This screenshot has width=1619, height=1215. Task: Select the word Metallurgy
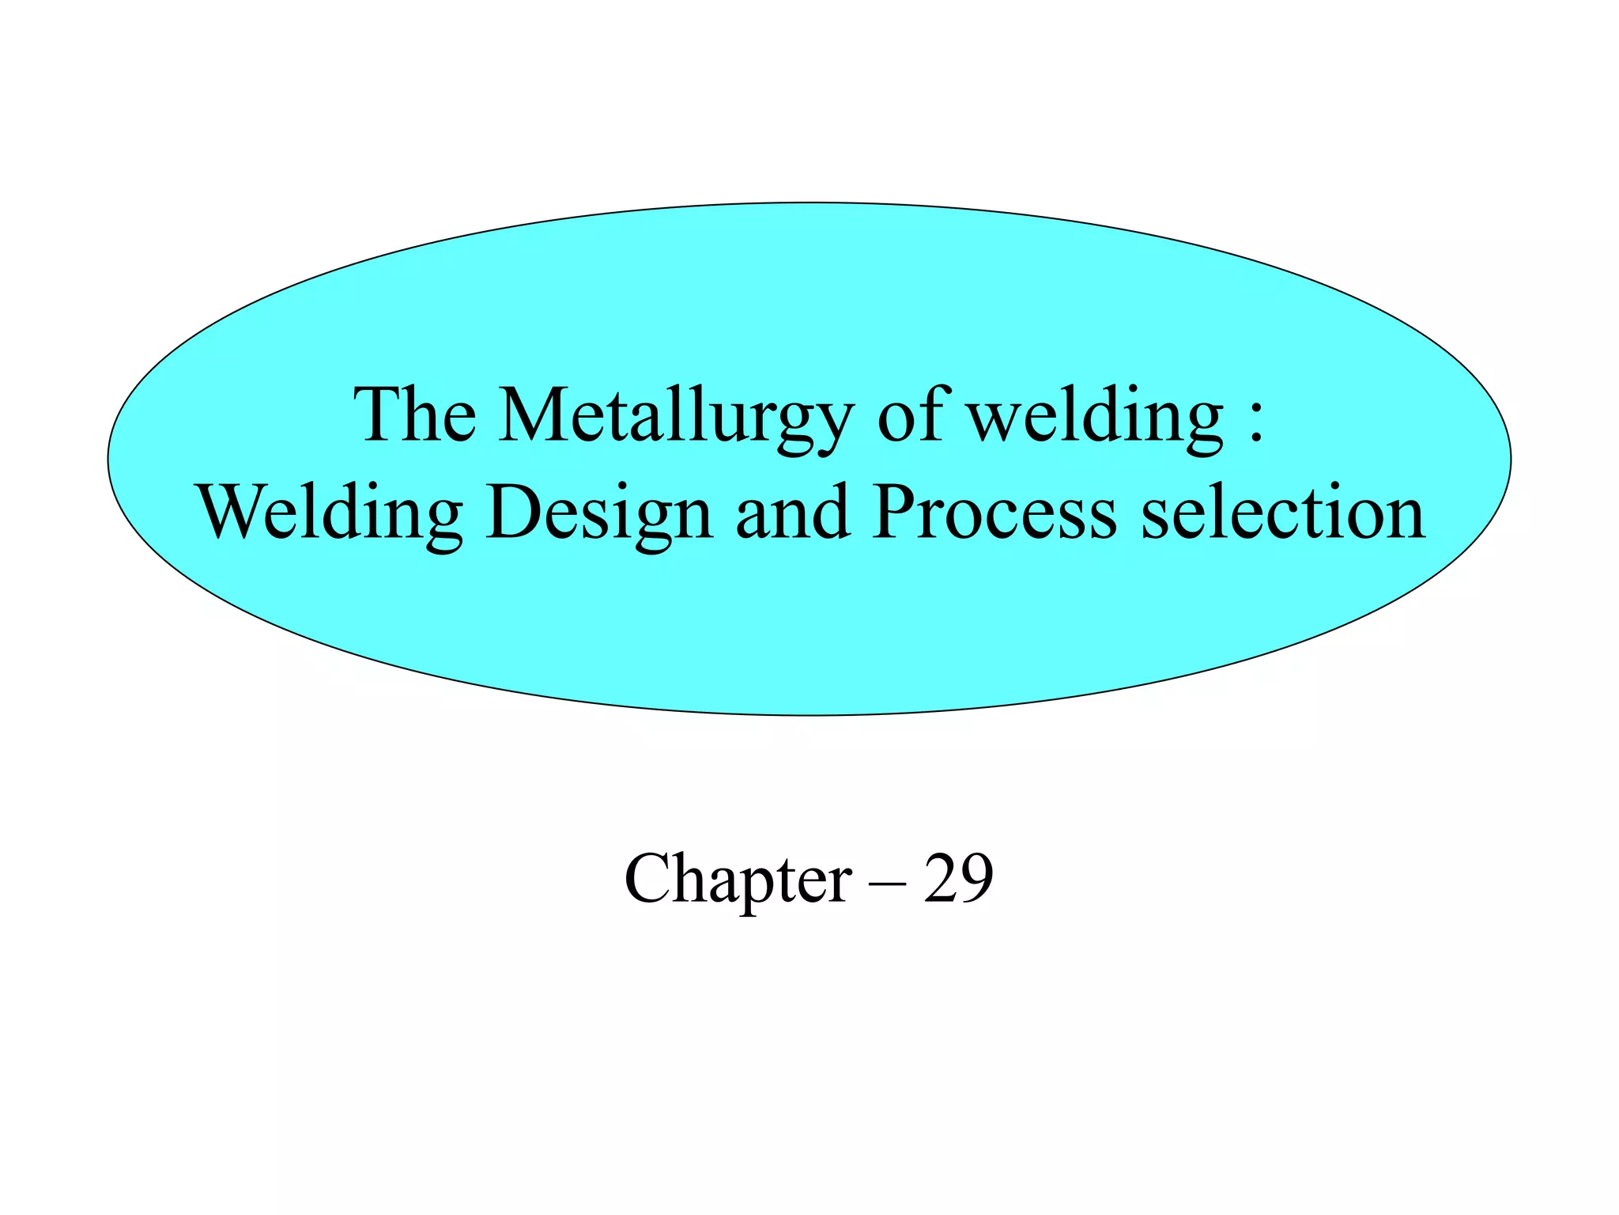pyautogui.click(x=676, y=418)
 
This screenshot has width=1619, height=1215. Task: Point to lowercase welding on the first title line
pyautogui.click(x=1096, y=418)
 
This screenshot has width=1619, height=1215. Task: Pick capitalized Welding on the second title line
pyautogui.click(x=330, y=514)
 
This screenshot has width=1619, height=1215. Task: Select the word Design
pyautogui.click(x=599, y=514)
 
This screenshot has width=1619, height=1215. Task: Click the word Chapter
pyautogui.click(x=738, y=880)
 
